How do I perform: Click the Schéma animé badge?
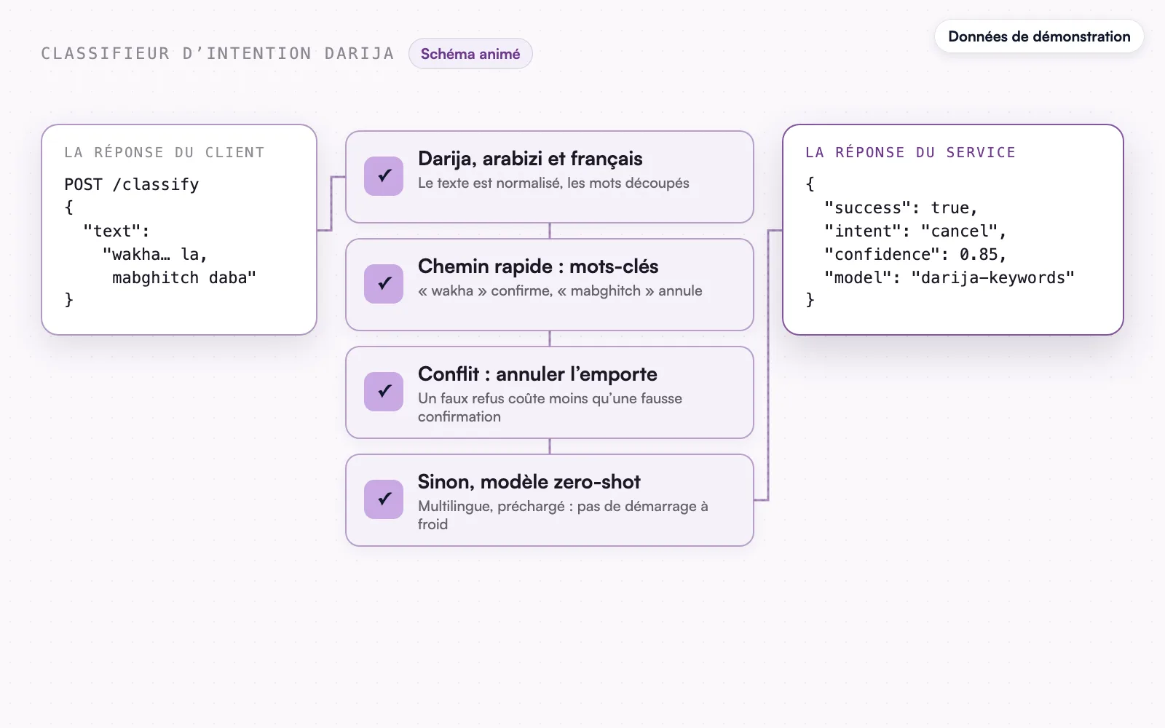[x=470, y=54]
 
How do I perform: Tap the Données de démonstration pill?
[x=1039, y=36]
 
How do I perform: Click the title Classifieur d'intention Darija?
[x=218, y=54]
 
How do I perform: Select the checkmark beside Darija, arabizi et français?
[x=384, y=175]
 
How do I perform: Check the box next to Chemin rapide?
[x=384, y=283]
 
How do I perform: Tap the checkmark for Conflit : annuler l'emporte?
[x=384, y=391]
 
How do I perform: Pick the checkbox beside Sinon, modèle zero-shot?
[x=384, y=499]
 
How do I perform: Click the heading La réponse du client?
[x=165, y=152]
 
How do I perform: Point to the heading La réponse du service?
[x=910, y=152]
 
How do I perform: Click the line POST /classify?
[x=132, y=185]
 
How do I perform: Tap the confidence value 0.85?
[x=979, y=254]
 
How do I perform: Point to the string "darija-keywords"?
[x=993, y=277]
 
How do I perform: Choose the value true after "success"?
[x=949, y=208]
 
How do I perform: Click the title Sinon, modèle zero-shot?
[x=529, y=482]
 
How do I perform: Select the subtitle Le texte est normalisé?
[x=553, y=183]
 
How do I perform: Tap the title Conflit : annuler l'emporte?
[x=537, y=374]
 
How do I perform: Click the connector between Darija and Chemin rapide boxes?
[x=550, y=231]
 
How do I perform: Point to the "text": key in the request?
[x=116, y=231]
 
